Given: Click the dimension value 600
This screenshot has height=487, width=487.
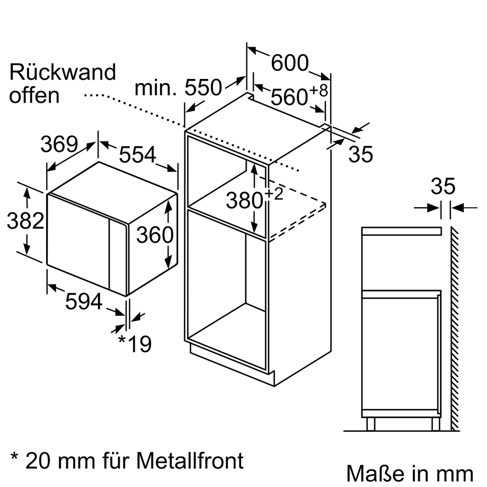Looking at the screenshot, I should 289,64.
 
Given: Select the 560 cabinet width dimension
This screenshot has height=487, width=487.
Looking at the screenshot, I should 289,97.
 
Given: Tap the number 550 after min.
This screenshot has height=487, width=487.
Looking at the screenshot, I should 202,88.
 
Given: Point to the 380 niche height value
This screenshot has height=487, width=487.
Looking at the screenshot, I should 244,200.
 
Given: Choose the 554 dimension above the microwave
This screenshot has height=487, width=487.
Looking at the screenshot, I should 138,155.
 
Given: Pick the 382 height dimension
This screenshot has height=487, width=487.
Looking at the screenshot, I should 25,221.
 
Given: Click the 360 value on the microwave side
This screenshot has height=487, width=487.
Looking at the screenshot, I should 155,235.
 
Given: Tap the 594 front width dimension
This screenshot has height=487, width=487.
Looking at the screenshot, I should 83,302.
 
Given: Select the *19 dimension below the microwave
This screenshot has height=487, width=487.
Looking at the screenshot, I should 135,344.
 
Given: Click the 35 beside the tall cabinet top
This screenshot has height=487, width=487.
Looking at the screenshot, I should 361,154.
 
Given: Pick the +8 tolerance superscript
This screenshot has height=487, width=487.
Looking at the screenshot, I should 319,90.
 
